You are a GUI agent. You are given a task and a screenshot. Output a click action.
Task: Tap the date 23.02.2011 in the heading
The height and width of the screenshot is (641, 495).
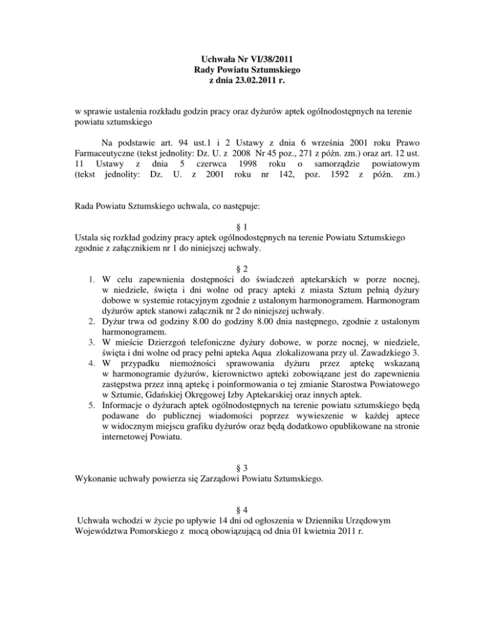click(x=258, y=80)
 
